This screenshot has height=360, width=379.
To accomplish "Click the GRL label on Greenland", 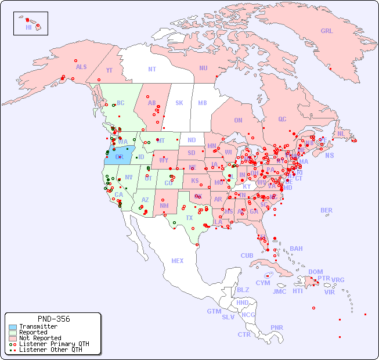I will click(x=327, y=31).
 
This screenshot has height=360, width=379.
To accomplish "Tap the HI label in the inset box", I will click(x=28, y=27).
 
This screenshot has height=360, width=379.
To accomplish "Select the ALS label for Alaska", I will click(x=81, y=67).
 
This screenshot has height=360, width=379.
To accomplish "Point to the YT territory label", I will click(x=109, y=70).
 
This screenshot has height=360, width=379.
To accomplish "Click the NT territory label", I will click(x=151, y=69).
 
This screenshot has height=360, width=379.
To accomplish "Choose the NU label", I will click(x=203, y=68).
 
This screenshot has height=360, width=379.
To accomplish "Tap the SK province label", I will click(x=179, y=103).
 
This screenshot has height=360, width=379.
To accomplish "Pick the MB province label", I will click(x=202, y=103).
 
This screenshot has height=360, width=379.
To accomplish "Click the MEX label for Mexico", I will click(x=177, y=261).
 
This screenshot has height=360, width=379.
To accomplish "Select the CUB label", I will click(x=247, y=255).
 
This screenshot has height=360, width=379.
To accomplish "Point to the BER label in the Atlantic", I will click(x=326, y=210).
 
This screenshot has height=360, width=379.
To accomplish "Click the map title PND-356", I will click(x=53, y=319).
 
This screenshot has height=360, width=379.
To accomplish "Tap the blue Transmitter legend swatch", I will click(x=12, y=327).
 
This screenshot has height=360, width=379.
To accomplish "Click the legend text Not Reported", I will click(x=40, y=338).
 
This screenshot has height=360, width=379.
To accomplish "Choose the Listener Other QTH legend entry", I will click(x=46, y=350).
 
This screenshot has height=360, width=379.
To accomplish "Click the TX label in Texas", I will click(x=189, y=218).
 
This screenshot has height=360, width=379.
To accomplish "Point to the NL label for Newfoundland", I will click(x=341, y=133).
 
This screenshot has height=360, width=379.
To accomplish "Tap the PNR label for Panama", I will click(x=277, y=327).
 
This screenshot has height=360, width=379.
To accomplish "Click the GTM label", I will click(x=214, y=311).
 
